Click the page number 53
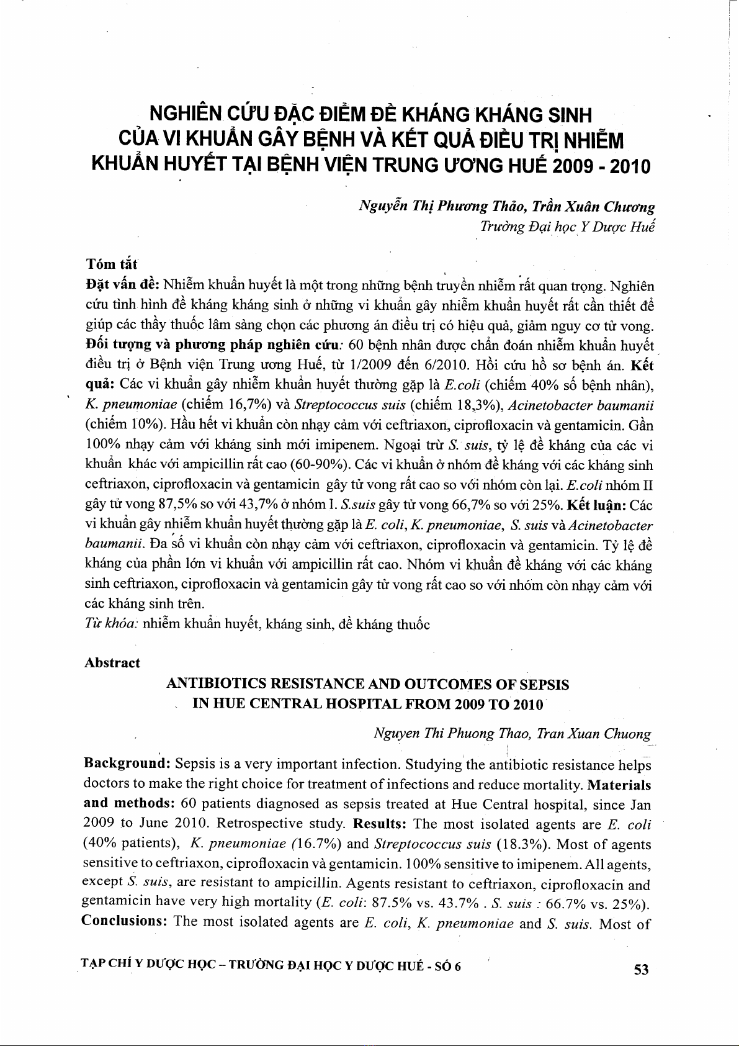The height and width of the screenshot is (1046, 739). coord(641,969)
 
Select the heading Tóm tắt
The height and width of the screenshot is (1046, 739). coord(111,264)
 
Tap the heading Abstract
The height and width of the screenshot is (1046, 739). coord(112,663)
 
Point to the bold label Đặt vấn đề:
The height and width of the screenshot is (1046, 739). coord(123,286)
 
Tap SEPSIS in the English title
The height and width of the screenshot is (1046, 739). coord(544,685)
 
